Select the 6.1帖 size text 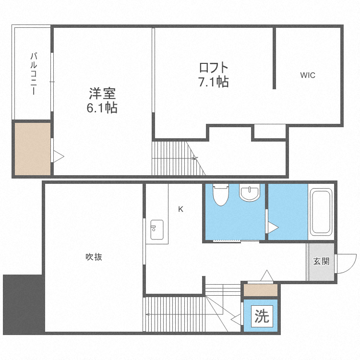[102, 108]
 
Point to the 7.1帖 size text [213, 82]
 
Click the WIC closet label [308, 75]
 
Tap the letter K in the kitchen [180, 209]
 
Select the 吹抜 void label [94, 257]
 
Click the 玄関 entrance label [321, 262]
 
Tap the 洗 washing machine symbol [261, 316]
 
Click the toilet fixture [220, 194]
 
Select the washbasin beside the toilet [249, 193]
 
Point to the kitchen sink [157, 230]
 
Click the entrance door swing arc [344, 264]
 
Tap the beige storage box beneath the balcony [32, 148]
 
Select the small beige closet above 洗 [261, 290]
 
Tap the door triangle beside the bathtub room [272, 228]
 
